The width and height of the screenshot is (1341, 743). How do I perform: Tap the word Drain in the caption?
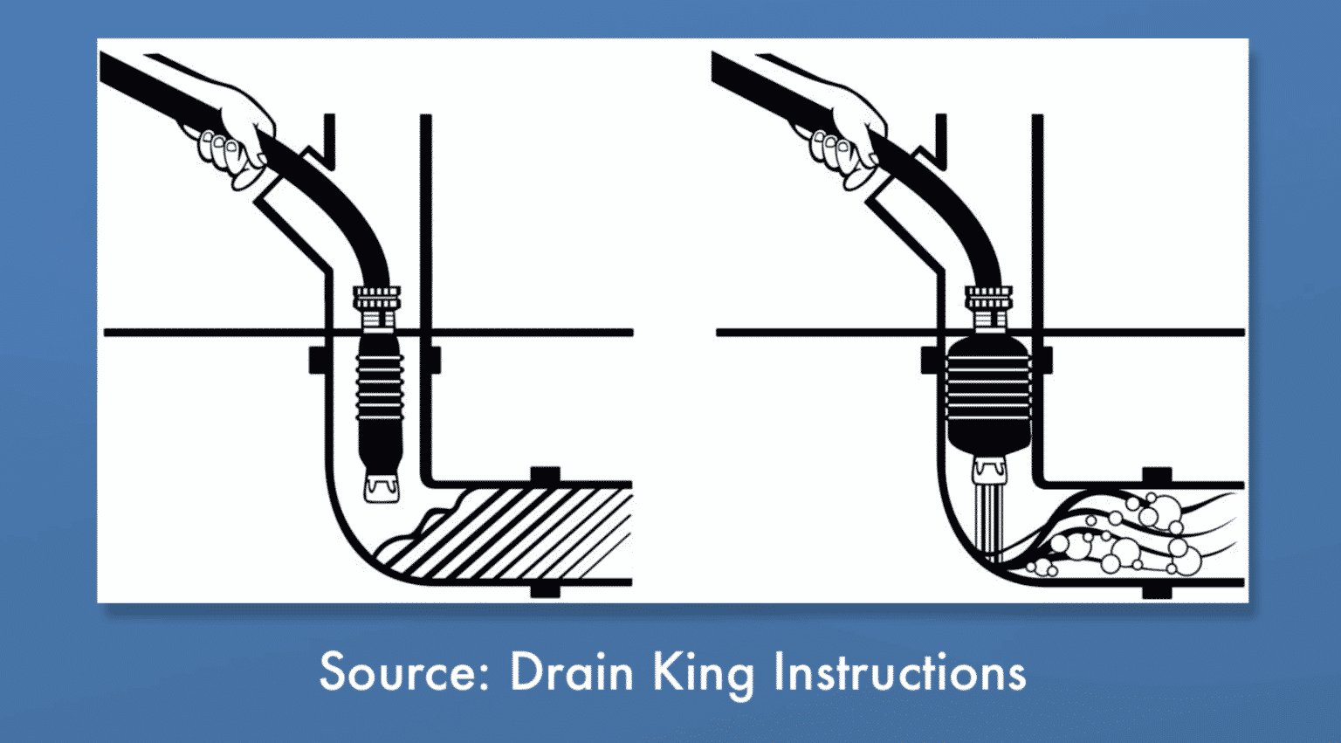pos(571,672)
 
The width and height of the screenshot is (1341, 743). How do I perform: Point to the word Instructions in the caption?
pos(899,672)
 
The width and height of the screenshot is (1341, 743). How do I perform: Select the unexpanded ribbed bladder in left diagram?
pos(380,393)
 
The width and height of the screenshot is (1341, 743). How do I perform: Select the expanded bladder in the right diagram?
pos(989,393)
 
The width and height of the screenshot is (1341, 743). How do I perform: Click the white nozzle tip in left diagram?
pos(382,487)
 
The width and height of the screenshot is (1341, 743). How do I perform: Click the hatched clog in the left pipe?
pos(515,533)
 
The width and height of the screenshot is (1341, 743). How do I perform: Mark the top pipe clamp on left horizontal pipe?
pos(545,476)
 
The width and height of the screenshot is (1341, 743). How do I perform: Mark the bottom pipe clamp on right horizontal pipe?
pos(1157,591)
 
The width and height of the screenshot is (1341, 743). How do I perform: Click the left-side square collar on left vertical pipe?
pos(318,360)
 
